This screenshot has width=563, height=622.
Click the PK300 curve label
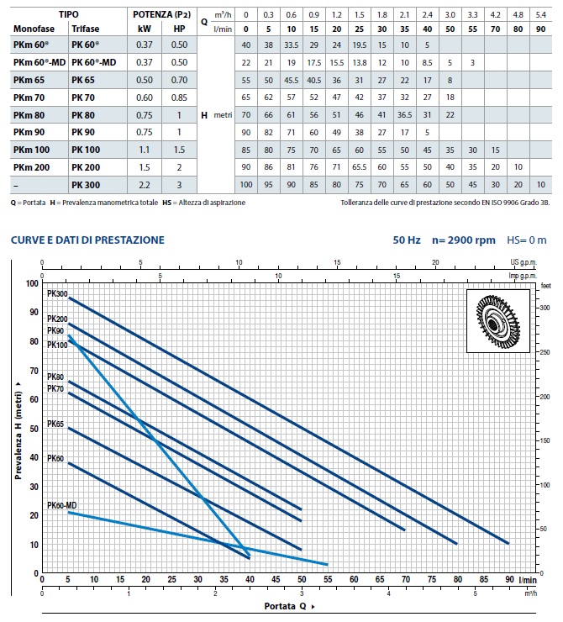coord(57,293)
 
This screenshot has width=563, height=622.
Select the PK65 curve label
coord(55,424)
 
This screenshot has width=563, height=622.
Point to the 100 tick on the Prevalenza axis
coord(34,284)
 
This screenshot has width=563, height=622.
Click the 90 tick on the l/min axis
coord(508,580)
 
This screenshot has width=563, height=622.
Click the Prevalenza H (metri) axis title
coord(18,429)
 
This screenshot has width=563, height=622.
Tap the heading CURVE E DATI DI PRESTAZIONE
coord(87,240)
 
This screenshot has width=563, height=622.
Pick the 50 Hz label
coord(405,240)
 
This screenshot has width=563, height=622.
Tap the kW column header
coord(145,28)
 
